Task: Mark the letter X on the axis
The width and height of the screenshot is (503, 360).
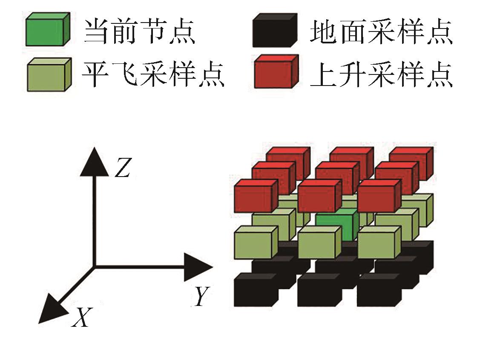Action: [81, 317]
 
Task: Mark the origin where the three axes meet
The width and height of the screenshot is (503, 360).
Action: [94, 267]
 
